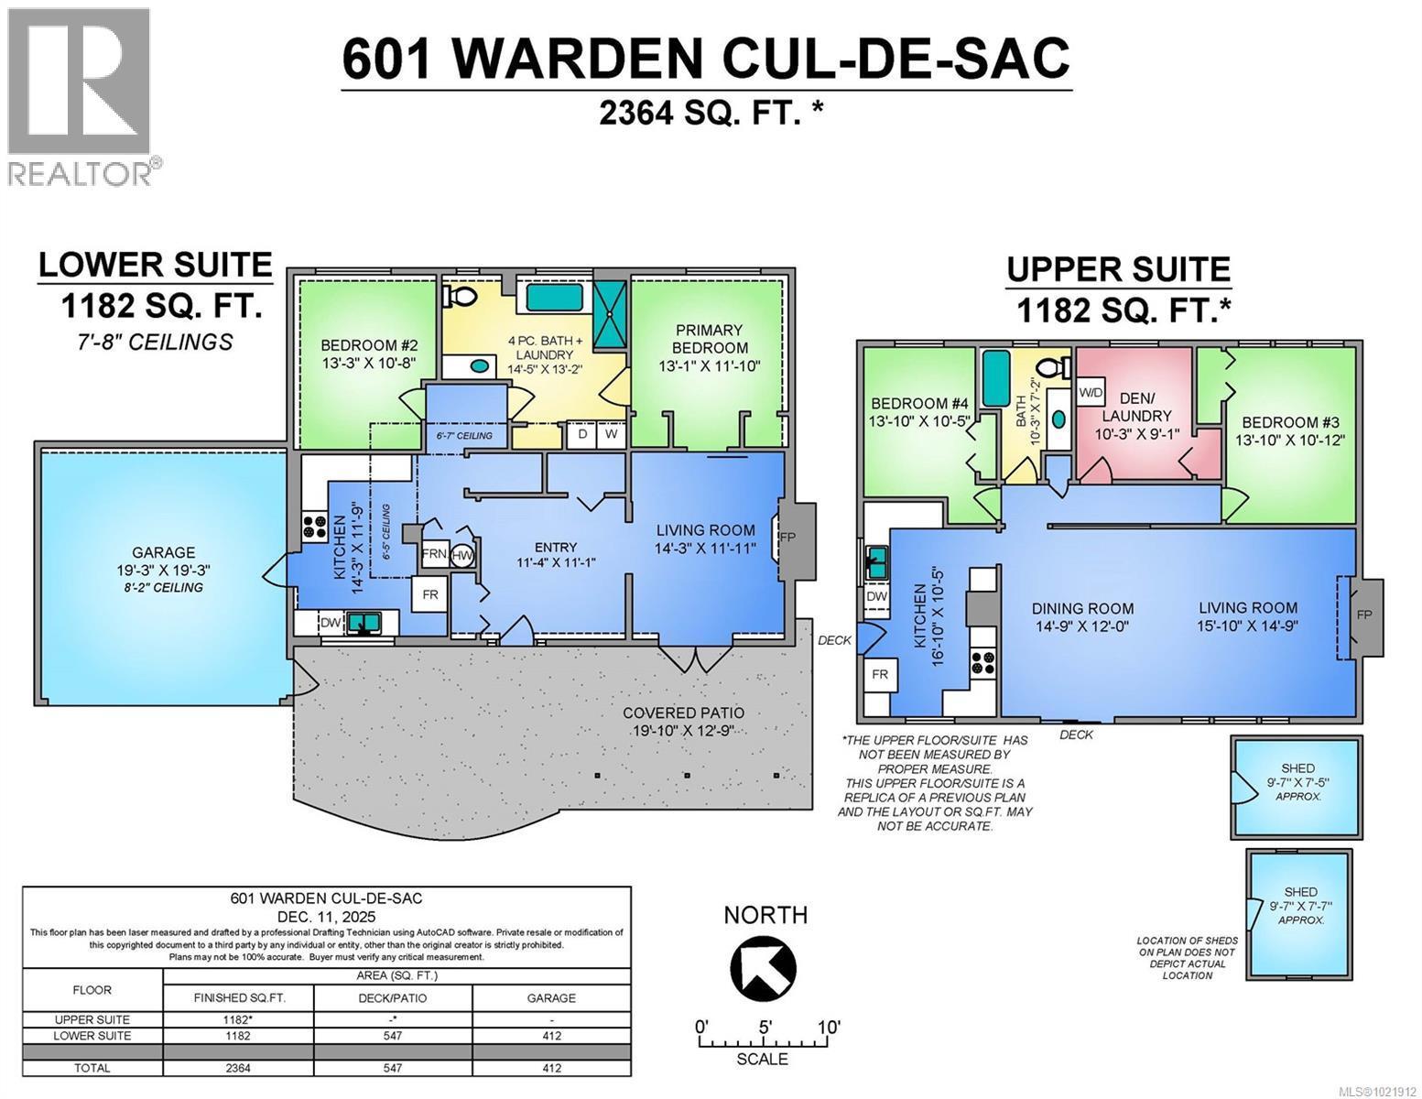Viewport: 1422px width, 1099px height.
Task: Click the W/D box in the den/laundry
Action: point(1091,392)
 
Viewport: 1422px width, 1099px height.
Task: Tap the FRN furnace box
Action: point(434,554)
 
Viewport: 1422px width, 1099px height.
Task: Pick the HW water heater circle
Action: point(462,555)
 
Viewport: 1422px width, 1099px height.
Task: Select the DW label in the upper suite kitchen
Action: point(875,596)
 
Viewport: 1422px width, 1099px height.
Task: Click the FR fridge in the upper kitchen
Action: point(879,674)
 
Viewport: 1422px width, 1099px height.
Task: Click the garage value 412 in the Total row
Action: point(551,1067)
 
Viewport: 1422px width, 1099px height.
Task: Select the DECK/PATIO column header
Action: point(393,997)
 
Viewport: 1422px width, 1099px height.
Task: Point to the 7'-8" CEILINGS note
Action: point(155,343)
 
